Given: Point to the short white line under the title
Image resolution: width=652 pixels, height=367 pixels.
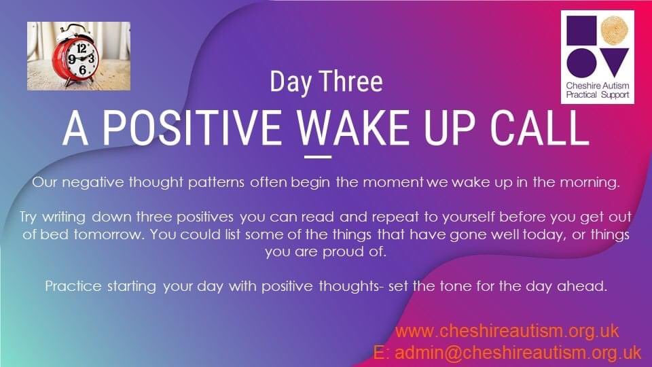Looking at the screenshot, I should [x=318, y=156].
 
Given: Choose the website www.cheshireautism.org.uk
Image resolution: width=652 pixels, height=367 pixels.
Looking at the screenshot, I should [x=507, y=331].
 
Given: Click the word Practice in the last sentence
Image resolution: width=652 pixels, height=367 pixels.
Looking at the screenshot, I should [x=69, y=285].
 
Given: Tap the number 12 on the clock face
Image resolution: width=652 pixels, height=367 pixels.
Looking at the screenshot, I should [x=81, y=48].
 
